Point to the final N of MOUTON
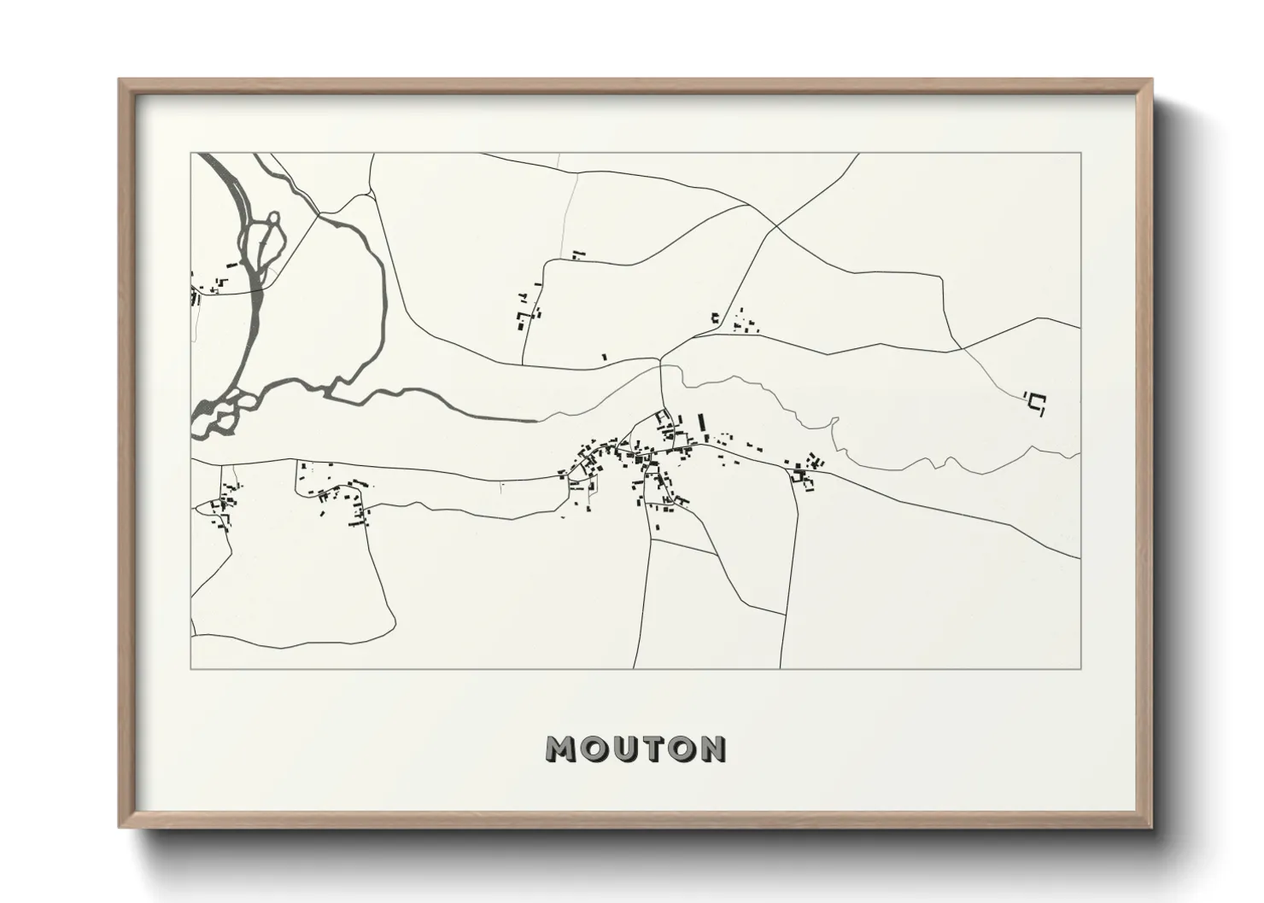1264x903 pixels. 712,749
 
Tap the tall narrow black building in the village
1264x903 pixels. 702,424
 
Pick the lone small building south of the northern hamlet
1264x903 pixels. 604,357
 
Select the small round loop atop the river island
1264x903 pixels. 272,221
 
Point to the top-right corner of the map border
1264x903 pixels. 1081,153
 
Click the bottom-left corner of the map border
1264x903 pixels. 190,668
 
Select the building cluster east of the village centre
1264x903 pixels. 805,472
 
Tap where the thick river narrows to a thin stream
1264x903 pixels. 536,419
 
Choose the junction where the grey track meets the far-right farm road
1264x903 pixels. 963,348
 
